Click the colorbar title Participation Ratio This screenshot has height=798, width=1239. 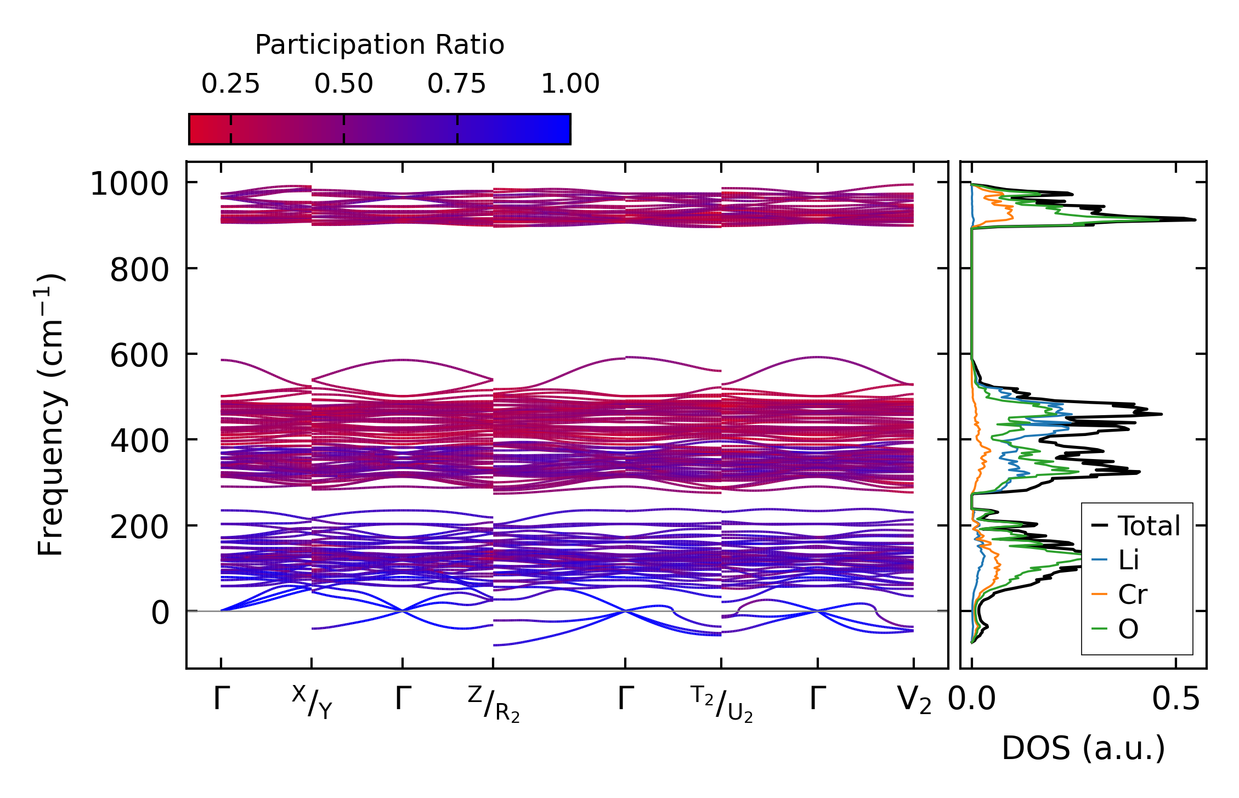(380, 44)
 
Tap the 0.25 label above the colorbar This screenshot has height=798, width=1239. (230, 84)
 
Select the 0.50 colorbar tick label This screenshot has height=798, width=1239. (344, 84)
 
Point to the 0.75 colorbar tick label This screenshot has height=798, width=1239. (457, 84)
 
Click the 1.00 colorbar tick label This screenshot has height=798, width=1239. (570, 84)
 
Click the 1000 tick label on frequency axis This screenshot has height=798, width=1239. (129, 184)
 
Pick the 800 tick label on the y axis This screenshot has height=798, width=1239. (139, 270)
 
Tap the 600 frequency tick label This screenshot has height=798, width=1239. (139, 355)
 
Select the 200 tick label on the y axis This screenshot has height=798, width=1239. (139, 527)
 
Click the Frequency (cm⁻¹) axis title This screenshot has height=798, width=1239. (51, 415)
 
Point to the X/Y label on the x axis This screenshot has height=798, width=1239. (312, 701)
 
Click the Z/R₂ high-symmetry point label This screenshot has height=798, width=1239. (494, 704)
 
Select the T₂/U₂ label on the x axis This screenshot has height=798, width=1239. (721, 704)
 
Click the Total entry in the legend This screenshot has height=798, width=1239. (1149, 526)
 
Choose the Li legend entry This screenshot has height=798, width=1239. (1128, 560)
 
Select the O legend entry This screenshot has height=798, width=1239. (1128, 629)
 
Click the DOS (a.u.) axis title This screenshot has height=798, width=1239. (1083, 749)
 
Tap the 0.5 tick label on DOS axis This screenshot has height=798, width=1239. (1176, 700)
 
